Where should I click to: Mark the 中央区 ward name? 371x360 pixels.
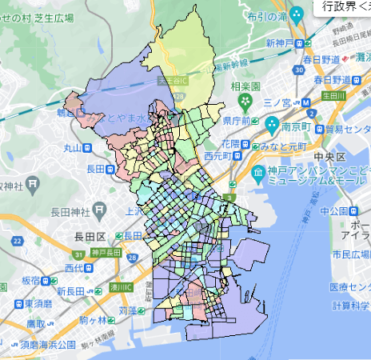point(329,155)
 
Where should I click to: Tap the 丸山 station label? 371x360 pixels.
point(73,147)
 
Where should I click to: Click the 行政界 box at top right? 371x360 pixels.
point(341,6)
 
